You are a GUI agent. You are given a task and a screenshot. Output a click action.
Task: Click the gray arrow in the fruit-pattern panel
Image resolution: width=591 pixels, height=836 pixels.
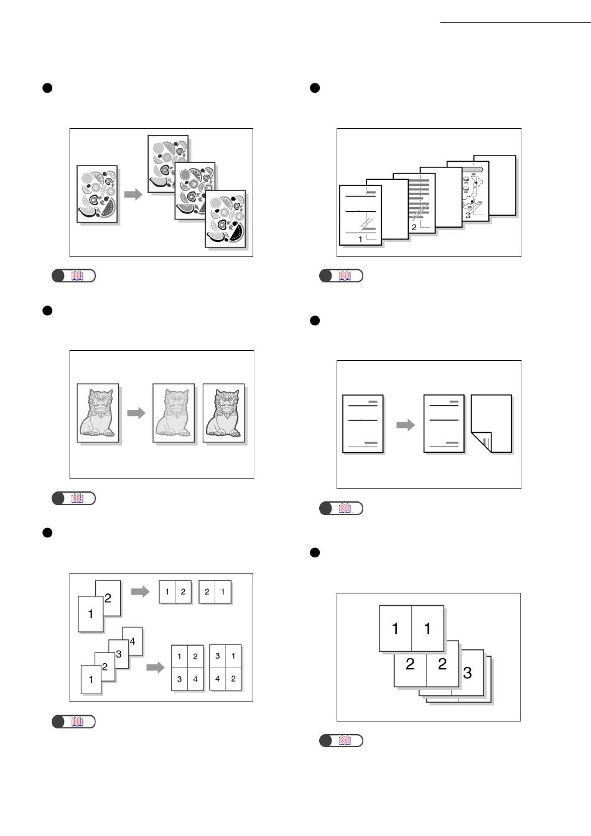[x=133, y=195]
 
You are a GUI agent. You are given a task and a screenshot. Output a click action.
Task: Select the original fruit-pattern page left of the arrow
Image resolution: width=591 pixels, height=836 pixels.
[x=97, y=193]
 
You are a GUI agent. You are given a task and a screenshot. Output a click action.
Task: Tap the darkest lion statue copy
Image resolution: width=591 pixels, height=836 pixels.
[x=224, y=412]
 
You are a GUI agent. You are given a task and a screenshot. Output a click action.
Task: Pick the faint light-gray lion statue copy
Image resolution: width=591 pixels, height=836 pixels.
[x=174, y=412]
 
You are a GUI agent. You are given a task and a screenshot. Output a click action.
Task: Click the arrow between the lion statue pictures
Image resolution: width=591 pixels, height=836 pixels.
[x=136, y=412]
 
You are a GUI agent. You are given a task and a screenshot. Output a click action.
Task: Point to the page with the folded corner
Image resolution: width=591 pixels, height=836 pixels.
[x=491, y=424]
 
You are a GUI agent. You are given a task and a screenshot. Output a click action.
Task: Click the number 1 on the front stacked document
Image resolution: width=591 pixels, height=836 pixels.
[x=360, y=239]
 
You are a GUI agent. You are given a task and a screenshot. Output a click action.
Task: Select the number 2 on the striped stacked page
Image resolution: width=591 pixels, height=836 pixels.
[x=414, y=228]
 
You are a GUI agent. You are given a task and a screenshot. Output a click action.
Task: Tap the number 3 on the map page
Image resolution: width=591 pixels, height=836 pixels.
[x=467, y=215]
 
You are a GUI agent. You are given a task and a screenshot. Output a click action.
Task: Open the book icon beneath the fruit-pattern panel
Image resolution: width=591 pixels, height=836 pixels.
[x=77, y=276]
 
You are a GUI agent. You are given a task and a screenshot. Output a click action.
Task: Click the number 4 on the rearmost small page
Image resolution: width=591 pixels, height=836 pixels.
[x=133, y=641]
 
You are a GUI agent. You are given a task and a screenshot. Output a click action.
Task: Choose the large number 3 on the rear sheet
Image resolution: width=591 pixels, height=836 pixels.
[x=468, y=672]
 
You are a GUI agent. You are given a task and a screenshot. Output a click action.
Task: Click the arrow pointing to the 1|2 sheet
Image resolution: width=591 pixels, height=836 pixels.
[x=140, y=592]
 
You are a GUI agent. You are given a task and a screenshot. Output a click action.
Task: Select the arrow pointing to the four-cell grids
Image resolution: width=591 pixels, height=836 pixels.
[x=155, y=667]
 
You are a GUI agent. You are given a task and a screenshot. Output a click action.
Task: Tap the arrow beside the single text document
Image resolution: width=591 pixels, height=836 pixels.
[x=406, y=425]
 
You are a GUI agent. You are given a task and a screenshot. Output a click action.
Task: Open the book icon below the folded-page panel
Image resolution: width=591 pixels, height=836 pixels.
[x=344, y=508]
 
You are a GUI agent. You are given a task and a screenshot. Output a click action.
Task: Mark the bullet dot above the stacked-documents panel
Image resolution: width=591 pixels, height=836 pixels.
[x=315, y=88]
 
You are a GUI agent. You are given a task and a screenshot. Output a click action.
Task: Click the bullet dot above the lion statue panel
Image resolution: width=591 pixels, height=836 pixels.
[x=47, y=310]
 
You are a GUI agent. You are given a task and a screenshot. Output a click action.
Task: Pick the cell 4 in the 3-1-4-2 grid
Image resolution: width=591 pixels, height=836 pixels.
[x=217, y=679]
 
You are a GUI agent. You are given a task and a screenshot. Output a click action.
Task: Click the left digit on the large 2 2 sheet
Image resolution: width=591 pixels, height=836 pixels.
[x=410, y=664]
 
